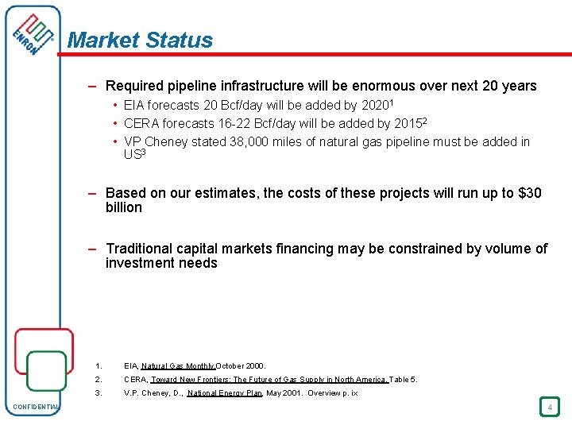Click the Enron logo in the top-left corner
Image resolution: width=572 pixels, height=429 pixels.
pyautogui.click(x=34, y=40)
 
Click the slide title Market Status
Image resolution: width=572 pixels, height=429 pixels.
pyautogui.click(x=141, y=41)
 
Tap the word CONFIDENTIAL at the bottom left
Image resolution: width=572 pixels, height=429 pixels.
pyautogui.click(x=36, y=408)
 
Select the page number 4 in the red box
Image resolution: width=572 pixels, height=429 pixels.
pyautogui.click(x=548, y=408)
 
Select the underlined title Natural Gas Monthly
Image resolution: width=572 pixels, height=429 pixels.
pyautogui.click(x=178, y=366)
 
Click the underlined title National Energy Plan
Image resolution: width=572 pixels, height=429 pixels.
pyautogui.click(x=225, y=393)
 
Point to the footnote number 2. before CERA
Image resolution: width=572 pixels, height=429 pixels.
pyautogui.click(x=98, y=380)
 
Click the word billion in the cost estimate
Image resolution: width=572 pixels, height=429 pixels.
pyautogui.click(x=124, y=207)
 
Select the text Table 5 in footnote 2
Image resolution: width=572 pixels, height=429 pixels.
pyautogui.click(x=403, y=380)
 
